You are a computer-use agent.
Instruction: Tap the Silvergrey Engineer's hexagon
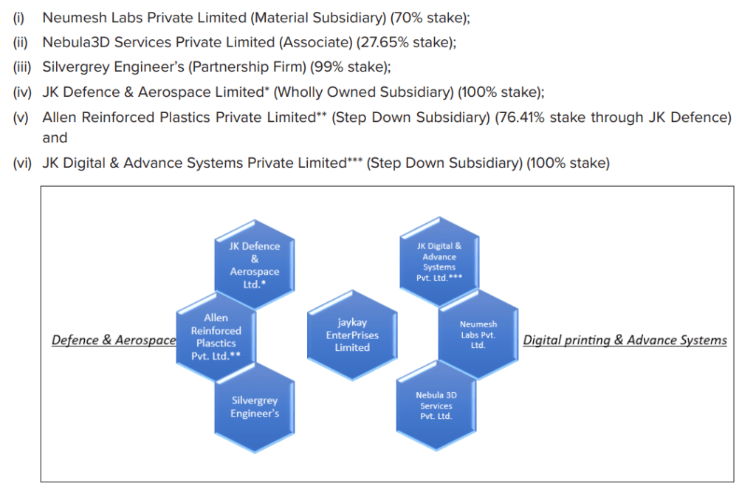pos(255,406)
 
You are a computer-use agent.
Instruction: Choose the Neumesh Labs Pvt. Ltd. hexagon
pos(478,334)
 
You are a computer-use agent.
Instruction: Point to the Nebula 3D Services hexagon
pos(436,406)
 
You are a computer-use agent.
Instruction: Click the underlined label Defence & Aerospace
pos(114,341)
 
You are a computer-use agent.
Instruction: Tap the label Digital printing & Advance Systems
pos(625,341)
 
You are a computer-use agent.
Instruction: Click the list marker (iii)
pos(21,67)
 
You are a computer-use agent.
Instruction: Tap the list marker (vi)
pos(21,163)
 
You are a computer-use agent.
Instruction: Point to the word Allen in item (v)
pos(60,117)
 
